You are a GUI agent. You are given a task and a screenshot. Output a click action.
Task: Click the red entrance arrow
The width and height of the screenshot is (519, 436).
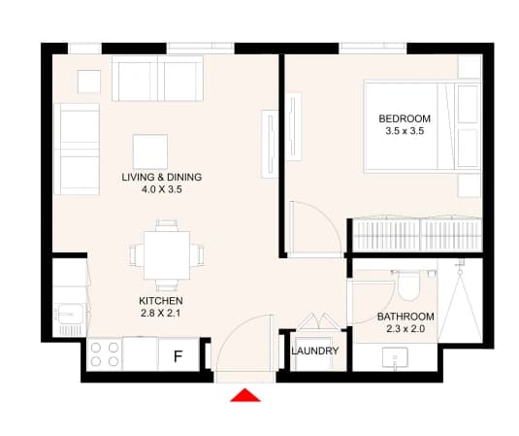coord(245,395)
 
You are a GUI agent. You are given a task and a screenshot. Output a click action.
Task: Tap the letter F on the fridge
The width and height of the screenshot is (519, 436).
coord(178,356)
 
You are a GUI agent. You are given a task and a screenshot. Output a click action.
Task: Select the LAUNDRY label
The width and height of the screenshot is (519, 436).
coord(315,351)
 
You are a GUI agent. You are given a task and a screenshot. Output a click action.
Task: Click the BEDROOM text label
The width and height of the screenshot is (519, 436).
coord(405,118)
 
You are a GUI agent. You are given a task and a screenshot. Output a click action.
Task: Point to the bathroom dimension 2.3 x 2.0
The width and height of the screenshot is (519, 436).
coord(405,328)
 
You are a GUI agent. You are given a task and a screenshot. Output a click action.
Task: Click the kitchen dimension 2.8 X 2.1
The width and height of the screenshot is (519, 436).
coord(160,313)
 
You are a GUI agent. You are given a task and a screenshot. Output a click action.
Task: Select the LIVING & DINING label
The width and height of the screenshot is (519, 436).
coord(162,177)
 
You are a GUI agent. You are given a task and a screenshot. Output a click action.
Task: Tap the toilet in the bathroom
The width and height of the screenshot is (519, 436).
coord(408,285)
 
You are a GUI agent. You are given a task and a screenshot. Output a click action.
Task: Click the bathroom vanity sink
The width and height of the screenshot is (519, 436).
coord(395,356)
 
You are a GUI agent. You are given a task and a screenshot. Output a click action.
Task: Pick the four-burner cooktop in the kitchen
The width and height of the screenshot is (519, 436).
coord(105,354)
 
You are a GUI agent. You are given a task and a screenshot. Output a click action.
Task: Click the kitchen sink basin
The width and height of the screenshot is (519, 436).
coord(70,314)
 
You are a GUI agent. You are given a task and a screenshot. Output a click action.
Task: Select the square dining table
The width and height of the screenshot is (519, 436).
coord(167,255)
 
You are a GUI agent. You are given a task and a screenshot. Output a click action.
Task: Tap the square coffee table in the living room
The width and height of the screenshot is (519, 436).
coord(150,151)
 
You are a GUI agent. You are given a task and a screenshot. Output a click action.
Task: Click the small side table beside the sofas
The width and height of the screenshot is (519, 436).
coord(89,82)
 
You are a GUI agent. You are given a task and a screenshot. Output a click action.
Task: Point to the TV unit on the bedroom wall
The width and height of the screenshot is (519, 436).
coord(294,127)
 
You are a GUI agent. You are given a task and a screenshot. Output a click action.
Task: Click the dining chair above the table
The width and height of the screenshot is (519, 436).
coord(167,225)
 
